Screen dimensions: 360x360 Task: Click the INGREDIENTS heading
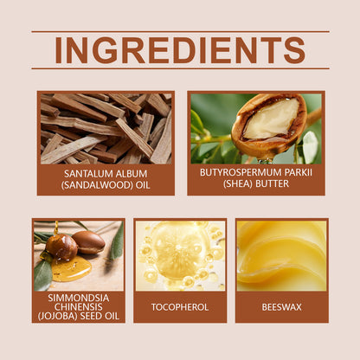pyautogui.click(x=180, y=50)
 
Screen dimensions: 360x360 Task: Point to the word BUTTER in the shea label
pyautogui.click(x=276, y=184)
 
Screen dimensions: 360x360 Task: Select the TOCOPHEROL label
pyautogui.click(x=180, y=306)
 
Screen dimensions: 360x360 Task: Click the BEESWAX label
pyautogui.click(x=281, y=306)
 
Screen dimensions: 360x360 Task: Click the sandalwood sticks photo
pyautogui.click(x=106, y=128)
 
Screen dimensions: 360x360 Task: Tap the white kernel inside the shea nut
pyautogui.click(x=270, y=119)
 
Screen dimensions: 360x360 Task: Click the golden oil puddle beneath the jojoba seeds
pyautogui.click(x=69, y=269)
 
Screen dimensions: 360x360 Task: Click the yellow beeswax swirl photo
pyautogui.click(x=281, y=255)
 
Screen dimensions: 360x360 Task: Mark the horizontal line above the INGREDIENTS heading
pyautogui.click(x=180, y=32)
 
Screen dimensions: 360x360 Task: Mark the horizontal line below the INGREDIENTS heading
pyautogui.click(x=180, y=68)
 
